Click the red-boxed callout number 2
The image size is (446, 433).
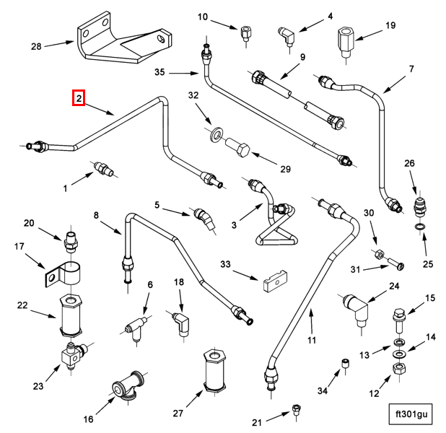[79, 98]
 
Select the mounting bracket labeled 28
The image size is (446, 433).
[124, 38]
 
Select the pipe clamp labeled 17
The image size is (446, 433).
[63, 274]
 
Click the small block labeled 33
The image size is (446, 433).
[275, 281]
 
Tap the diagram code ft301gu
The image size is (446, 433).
[411, 414]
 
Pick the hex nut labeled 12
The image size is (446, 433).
[399, 369]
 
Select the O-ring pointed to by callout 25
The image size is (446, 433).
[421, 227]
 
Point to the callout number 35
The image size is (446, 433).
[159, 72]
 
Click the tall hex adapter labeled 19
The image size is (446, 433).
[346, 42]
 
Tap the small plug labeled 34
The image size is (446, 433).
[345, 363]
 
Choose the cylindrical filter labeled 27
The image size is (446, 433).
[214, 370]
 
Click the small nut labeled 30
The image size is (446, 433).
[379, 254]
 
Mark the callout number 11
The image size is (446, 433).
[312, 340]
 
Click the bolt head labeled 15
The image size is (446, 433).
[398, 314]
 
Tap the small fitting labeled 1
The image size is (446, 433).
[103, 168]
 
